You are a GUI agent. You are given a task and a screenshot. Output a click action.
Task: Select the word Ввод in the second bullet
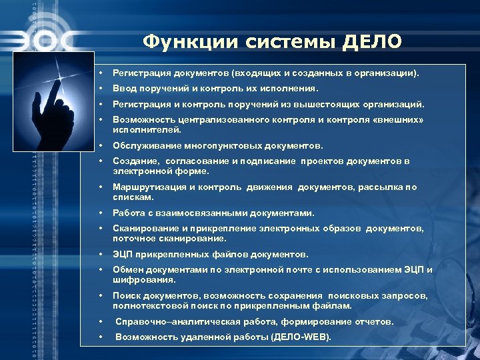coord(124,87)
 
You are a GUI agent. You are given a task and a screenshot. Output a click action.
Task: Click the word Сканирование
coord(143,228)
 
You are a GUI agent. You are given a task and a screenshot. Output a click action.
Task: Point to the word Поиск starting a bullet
coord(125,296)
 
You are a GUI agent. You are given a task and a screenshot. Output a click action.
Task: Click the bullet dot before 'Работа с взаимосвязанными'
coord(99,213)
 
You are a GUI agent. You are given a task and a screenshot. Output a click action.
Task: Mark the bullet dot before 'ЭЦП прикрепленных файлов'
coord(99,254)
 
